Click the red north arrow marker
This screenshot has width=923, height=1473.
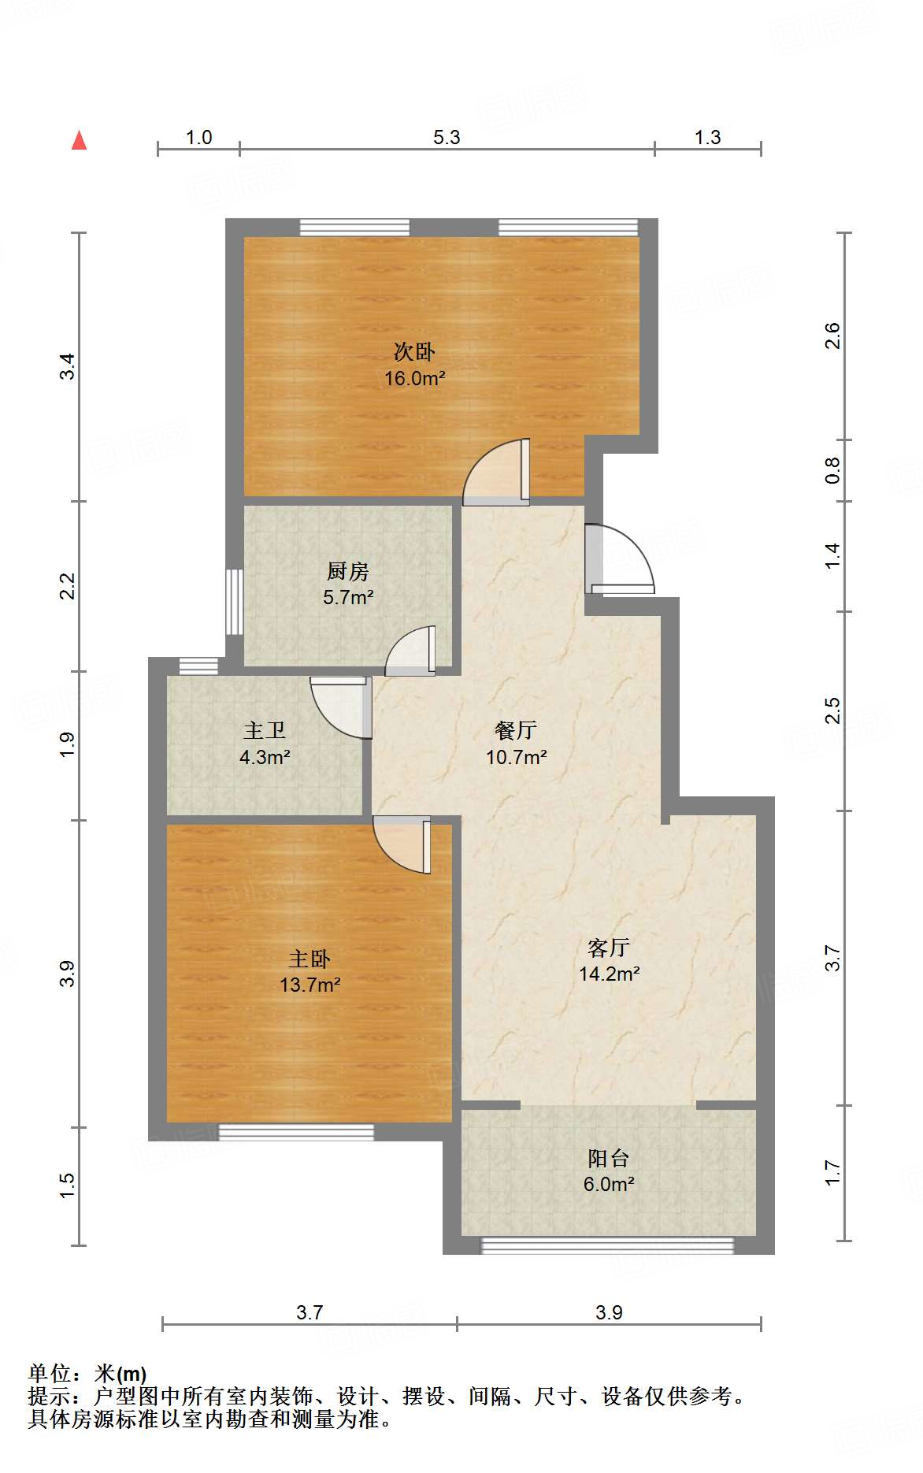[x=79, y=140]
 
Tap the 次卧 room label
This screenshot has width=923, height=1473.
[x=414, y=351]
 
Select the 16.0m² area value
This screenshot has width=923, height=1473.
[x=415, y=378]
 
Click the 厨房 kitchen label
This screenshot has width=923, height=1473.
[x=347, y=570]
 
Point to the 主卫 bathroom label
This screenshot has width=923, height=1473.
[x=265, y=730]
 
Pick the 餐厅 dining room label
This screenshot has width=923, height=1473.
[x=516, y=730]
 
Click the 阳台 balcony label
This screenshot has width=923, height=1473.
[x=609, y=1158]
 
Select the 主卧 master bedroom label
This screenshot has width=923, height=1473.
[x=310, y=959]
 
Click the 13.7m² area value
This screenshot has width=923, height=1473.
[x=310, y=985]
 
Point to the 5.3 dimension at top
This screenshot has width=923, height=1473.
[x=447, y=137]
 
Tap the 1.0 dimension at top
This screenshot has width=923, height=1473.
[x=198, y=137]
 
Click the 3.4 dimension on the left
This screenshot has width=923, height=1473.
[x=68, y=366]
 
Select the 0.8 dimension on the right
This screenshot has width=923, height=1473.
[x=832, y=470]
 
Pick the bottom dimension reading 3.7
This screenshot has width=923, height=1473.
[x=310, y=1312]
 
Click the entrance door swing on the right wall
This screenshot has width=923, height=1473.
[x=621, y=558]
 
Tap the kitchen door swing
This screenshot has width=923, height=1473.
[x=410, y=651]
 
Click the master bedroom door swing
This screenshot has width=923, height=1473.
[x=402, y=844]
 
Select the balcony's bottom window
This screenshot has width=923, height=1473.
[x=607, y=1245]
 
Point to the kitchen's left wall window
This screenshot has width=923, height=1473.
[x=234, y=602]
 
